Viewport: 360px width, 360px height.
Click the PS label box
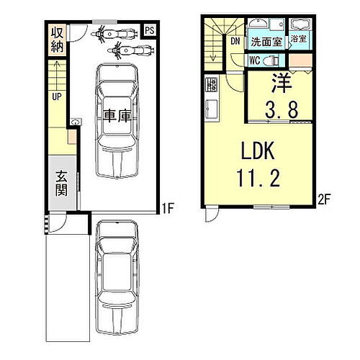coord(150,30)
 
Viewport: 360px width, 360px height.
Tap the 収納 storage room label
coord(57,40)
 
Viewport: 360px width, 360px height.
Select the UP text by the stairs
coord(57,96)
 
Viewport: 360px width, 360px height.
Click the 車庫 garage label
coord(117,116)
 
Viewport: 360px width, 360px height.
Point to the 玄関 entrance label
coord(61,184)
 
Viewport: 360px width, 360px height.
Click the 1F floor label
coord(167,208)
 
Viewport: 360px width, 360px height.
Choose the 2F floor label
coord(325,199)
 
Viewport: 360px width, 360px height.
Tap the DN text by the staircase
coord(235,41)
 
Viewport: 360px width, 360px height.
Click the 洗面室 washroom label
coord(266,42)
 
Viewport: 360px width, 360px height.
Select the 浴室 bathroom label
coord(299,39)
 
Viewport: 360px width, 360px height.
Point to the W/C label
coord(254,60)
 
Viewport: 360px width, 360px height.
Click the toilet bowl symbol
coord(271,60)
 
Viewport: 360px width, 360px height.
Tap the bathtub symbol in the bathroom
coord(300,25)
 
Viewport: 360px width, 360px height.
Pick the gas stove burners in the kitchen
coord(211,85)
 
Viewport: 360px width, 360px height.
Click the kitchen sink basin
coord(212,109)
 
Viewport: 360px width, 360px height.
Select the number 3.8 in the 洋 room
coord(282,109)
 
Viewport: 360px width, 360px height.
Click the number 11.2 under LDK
coord(258,177)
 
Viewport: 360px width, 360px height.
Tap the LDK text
coord(258,150)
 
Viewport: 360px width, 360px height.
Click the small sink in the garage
coord(76,122)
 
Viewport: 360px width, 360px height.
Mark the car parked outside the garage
coord(117,278)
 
